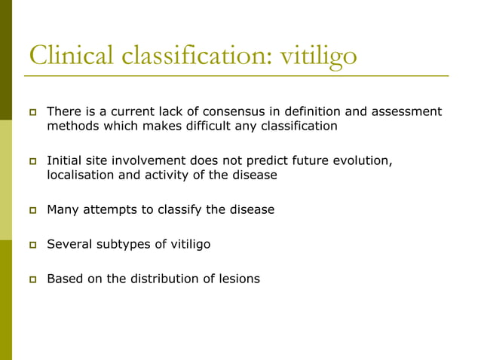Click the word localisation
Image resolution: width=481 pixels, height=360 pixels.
[x=80, y=175]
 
